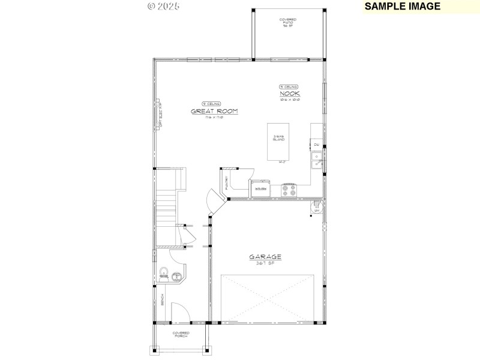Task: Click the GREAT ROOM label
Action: point(215,111)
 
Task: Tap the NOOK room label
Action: point(290,94)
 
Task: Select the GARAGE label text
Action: point(265,257)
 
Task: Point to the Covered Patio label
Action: point(287,23)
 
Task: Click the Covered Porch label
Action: point(181,334)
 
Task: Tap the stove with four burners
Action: point(289,190)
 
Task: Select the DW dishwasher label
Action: point(316,145)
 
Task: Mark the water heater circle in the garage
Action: point(316,208)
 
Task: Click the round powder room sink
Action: point(176,277)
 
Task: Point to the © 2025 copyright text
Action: point(163,6)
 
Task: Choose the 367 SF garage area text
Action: point(265,263)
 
